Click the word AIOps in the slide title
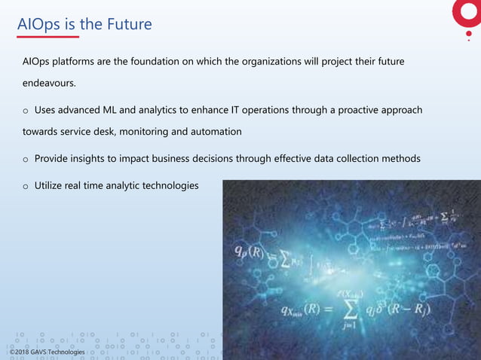pos(38,25)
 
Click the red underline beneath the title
pos(47,36)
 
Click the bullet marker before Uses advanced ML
pos(25,111)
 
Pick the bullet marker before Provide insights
pos(25,160)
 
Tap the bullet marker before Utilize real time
pos(25,186)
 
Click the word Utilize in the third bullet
pos(51,185)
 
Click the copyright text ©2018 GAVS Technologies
pos(47,352)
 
